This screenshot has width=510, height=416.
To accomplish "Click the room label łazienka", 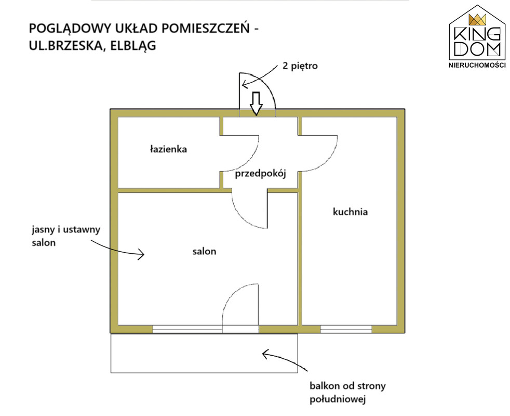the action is (x=168, y=149).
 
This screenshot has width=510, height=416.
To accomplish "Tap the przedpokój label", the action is (x=261, y=174).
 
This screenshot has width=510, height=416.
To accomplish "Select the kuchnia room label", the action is (x=350, y=212).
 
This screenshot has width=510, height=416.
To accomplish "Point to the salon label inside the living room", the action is (x=204, y=251).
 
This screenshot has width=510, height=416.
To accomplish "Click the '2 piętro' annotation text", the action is (x=300, y=66).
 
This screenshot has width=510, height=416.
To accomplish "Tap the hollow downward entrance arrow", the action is (x=257, y=103).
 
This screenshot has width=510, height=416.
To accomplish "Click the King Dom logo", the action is (x=477, y=36).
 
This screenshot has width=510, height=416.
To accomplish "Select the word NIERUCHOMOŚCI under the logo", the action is (x=477, y=65).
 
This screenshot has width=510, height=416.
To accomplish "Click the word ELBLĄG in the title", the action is (x=133, y=46).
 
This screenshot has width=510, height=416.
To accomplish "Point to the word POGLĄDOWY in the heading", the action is (x=71, y=29).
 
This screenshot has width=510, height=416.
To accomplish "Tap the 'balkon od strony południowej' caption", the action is (x=347, y=393).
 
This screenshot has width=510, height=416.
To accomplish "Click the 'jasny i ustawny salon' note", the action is (x=66, y=236).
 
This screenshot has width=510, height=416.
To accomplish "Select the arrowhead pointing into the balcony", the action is (x=265, y=354).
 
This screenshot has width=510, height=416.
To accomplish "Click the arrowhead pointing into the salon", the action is (x=141, y=254).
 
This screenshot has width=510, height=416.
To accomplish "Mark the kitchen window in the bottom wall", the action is (x=346, y=329).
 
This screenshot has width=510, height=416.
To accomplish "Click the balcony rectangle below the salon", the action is (x=204, y=353).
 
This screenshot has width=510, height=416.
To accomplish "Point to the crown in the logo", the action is (x=477, y=20).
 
